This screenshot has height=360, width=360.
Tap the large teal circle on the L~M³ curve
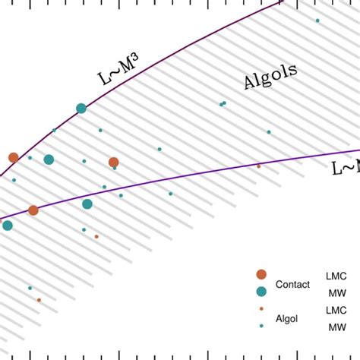point(81,109)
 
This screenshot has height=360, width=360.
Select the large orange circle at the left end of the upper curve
point(13,157)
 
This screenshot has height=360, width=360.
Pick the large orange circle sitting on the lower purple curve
point(33,210)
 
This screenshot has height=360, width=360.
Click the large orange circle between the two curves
point(113,162)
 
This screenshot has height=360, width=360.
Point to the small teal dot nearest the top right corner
point(317,21)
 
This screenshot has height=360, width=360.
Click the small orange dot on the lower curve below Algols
point(258,166)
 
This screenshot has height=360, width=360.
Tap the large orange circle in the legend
point(261,274)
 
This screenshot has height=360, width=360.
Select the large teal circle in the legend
point(261,292)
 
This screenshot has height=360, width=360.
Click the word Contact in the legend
point(293,284)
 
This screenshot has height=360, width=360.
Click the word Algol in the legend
point(287,318)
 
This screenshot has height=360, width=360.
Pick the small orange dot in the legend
point(261,309)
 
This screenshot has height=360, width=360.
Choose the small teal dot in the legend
point(261,326)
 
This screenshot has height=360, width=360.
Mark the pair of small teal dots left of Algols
point(223,103)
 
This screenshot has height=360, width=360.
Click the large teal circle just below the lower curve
point(87,204)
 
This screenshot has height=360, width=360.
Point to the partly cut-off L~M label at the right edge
point(346,169)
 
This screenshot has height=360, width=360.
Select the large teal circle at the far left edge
point(7,226)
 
